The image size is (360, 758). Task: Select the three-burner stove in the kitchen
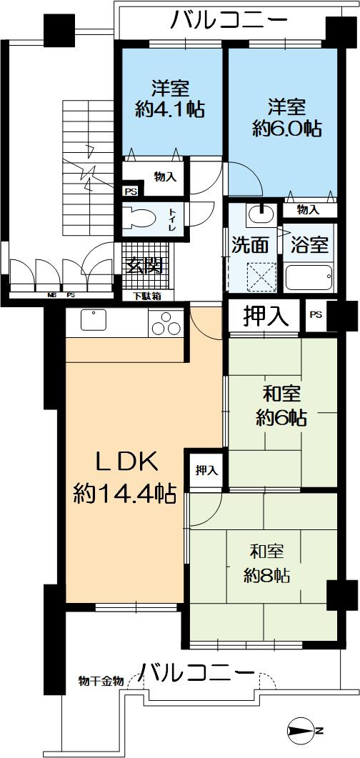click(x=166, y=324)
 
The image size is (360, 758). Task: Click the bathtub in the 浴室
click(x=309, y=277)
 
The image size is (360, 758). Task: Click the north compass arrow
click(x=306, y=730)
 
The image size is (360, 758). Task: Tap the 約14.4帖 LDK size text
click(x=125, y=493)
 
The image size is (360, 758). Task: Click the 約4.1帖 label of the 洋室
click(x=170, y=109)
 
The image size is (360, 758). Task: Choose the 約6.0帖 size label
click(x=286, y=129)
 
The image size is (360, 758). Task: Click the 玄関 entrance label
click(x=145, y=265)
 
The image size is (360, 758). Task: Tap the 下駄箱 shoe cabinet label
click(x=146, y=295)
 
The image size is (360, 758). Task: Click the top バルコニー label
click(x=229, y=21)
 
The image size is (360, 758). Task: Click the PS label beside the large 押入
click(x=315, y=315)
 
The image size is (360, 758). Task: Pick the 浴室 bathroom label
click(x=309, y=244)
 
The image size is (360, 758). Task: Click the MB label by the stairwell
click(x=51, y=294)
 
